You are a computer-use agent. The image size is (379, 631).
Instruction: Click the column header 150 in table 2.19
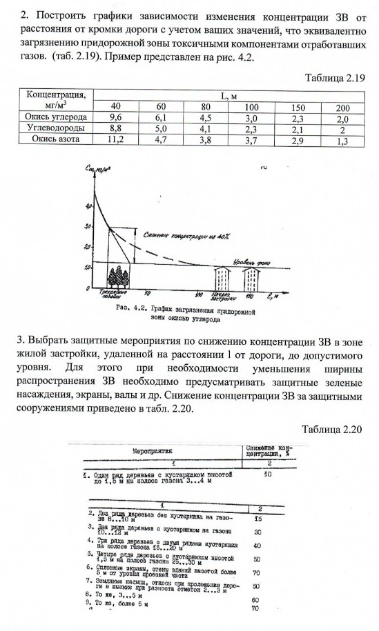(x=298, y=108)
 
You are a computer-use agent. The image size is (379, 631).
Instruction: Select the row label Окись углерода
(x=55, y=118)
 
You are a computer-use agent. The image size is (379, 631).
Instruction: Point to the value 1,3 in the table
(x=342, y=139)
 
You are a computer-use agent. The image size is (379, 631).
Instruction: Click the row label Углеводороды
(x=55, y=128)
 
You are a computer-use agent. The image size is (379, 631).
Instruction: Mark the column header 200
(x=342, y=108)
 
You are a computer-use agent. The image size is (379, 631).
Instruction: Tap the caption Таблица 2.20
(x=332, y=428)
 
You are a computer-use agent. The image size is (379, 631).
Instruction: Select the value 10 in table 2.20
(x=268, y=475)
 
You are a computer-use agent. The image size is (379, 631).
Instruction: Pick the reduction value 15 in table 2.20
(x=258, y=518)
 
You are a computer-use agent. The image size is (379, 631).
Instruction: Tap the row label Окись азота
(x=55, y=139)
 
